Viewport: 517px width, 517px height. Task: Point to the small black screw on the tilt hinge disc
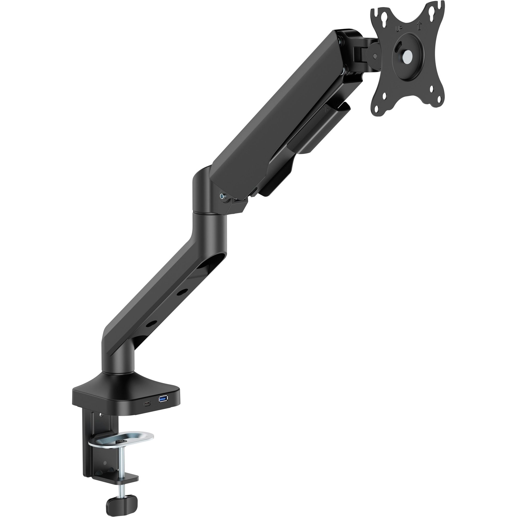(375, 56)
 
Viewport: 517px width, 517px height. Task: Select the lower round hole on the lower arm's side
(149, 324)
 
